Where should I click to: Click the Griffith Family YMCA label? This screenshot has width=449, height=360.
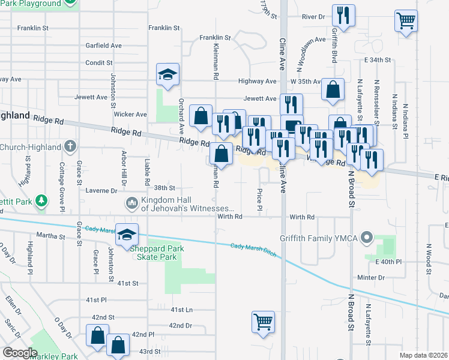click(318, 237)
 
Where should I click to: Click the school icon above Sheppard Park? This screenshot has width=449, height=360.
click(127, 234)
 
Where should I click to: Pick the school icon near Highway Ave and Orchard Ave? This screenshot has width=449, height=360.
click(168, 74)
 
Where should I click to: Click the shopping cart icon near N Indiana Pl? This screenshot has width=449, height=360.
click(406, 21)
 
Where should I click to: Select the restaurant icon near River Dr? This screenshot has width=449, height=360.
click(343, 16)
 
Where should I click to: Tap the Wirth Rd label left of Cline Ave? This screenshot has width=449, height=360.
click(229, 217)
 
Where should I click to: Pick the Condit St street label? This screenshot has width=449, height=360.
click(99, 62)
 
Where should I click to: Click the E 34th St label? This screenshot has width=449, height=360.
click(377, 61)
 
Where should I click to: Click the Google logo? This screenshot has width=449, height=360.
click(20, 353)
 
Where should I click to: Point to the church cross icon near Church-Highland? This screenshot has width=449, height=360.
click(70, 146)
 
